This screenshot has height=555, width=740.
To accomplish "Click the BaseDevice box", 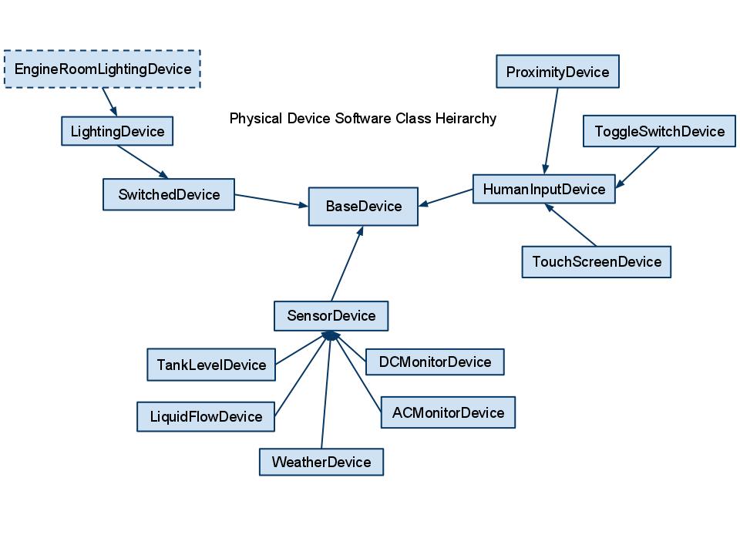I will click(363, 207).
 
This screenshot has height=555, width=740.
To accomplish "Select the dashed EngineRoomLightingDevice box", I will click(103, 69).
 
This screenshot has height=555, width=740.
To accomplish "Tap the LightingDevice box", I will click(117, 131).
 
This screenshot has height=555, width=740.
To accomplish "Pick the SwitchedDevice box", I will click(169, 194).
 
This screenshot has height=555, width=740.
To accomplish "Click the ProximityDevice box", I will click(557, 72).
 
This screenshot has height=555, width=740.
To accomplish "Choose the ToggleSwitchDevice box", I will click(659, 131).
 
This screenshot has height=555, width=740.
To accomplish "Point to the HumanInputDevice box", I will click(543, 189).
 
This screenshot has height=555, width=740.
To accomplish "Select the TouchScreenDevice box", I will click(596, 262).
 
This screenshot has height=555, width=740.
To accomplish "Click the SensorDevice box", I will click(331, 316).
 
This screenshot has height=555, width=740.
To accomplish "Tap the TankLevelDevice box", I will click(211, 365).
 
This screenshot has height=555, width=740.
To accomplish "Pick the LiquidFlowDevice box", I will click(206, 417).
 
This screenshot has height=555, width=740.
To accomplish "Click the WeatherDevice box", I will click(321, 462).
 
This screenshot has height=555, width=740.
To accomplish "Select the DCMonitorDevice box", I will click(435, 362).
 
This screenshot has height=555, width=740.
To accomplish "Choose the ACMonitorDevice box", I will click(448, 412).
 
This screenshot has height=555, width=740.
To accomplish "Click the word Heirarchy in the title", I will click(466, 119).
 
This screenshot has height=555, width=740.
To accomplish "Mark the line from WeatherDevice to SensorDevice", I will click(326, 393).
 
